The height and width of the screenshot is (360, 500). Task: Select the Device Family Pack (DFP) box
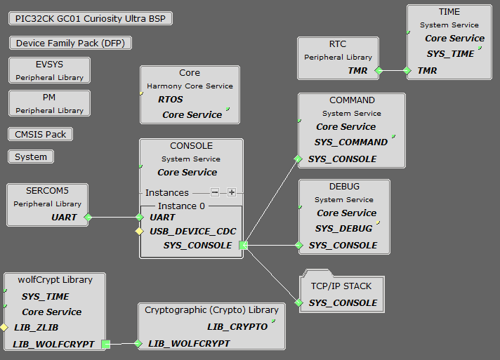point(70,43)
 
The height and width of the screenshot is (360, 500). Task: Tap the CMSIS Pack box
point(41,134)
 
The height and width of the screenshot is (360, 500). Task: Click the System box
point(31,156)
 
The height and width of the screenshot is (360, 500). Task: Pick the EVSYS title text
point(49,65)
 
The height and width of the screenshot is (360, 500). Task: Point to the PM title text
point(49,98)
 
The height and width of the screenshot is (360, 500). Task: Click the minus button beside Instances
point(215,192)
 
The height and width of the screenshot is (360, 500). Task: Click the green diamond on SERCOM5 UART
point(88,218)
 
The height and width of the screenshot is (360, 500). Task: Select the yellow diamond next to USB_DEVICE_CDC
point(140,231)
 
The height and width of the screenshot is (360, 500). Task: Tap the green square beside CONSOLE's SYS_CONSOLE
point(243,245)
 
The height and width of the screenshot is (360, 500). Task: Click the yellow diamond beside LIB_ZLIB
point(4,327)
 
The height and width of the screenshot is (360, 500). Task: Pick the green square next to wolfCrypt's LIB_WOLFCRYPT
point(106,344)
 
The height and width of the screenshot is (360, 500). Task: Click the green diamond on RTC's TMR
point(379,71)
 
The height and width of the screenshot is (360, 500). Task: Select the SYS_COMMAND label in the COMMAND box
point(351,142)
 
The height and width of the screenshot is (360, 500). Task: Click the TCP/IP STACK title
point(341,286)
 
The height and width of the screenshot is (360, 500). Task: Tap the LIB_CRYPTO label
point(237,327)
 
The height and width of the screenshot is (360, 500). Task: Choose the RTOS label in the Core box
point(171,100)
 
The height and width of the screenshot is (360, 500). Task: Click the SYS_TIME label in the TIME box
point(450,54)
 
